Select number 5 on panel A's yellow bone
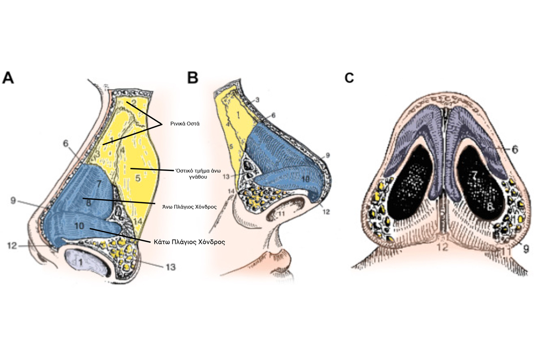point(138,179)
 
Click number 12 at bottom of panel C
point(444,246)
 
